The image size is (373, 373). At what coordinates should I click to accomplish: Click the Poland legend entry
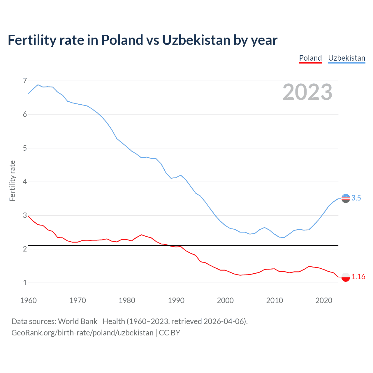click(x=310, y=58)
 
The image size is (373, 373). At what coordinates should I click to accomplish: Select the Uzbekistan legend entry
click(x=346, y=58)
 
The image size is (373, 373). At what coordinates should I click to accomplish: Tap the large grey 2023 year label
click(x=307, y=92)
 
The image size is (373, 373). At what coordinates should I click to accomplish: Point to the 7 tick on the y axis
click(x=25, y=81)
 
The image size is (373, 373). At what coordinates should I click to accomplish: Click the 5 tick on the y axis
click(x=25, y=148)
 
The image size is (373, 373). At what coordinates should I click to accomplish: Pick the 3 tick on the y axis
click(x=25, y=215)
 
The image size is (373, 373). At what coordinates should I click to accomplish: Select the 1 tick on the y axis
click(x=25, y=283)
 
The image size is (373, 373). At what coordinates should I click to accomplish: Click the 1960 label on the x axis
click(x=28, y=300)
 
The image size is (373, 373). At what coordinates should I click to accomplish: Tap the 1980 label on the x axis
click(x=127, y=300)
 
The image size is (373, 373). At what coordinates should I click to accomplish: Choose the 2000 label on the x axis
click(x=225, y=300)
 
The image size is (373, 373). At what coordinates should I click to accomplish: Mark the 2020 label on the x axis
click(x=324, y=300)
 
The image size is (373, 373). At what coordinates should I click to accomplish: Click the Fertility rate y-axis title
click(x=12, y=181)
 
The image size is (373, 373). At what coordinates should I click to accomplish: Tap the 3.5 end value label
click(x=356, y=198)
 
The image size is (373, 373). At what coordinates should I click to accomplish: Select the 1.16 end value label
click(x=358, y=277)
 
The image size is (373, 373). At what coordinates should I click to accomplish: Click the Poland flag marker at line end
click(x=346, y=277)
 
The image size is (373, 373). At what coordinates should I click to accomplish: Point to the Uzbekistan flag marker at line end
click(x=346, y=198)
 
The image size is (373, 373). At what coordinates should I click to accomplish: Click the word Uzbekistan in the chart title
click(x=196, y=40)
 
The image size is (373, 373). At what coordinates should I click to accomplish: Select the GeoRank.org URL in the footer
click(x=82, y=333)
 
